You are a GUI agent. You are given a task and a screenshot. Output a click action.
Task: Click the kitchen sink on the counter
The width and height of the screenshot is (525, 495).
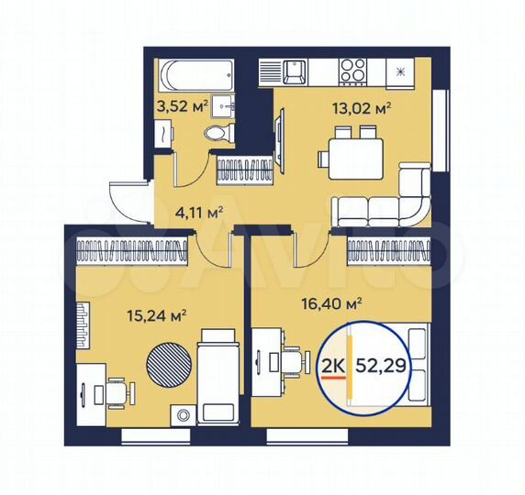click(x=295, y=70)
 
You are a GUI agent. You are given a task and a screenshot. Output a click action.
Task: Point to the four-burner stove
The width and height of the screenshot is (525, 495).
click(x=352, y=70)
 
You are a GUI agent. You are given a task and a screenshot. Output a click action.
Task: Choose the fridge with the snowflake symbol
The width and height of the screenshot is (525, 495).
click(x=400, y=71)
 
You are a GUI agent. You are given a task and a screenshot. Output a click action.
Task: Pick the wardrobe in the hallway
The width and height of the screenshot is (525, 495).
click(x=245, y=169)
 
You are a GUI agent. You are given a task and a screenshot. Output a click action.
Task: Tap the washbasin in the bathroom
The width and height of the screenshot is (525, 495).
click(x=221, y=104)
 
